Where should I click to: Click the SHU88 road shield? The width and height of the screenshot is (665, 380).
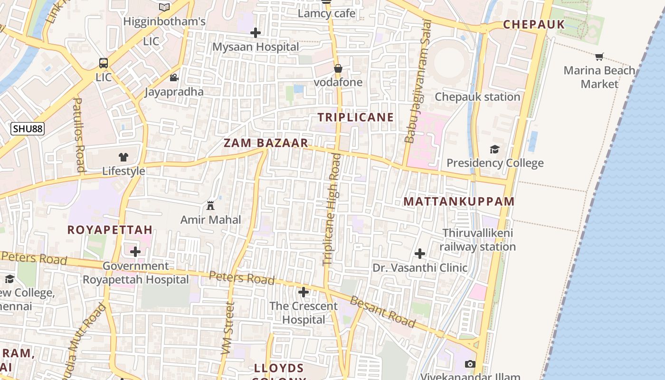pos(28,129)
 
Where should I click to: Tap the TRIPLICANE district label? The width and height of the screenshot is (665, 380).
pos(356,117)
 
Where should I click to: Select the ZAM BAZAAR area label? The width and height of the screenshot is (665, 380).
pos(266,143)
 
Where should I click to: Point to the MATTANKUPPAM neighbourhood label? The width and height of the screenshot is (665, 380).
pos(459,201)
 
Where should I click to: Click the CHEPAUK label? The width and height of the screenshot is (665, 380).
pos(534,25)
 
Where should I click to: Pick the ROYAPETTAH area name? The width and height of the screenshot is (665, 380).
pos(110,230)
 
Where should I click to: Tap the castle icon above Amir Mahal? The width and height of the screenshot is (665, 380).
pos(210,206)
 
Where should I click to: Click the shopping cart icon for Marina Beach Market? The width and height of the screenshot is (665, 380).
pos(599,57)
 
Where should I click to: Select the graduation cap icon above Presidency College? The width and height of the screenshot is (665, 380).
pos(495,150)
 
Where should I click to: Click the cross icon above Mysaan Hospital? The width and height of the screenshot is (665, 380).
pos(256,33)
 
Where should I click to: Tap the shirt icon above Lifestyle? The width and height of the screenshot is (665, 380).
pos(123,157)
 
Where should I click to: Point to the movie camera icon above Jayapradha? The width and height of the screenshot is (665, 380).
pos(174,77)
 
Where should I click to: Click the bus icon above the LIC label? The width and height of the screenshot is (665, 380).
pos(103,63)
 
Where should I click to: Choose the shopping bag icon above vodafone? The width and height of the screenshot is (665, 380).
pos(338,68)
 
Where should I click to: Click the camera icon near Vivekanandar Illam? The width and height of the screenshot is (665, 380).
pos(470,364)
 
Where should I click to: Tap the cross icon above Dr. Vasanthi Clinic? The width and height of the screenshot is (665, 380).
pos(420,254)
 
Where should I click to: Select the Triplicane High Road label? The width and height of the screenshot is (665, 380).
pos(332,209)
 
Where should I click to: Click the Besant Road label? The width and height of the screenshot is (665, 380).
pos(383,312)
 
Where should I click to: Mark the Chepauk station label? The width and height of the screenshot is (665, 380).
pos(477,97)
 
